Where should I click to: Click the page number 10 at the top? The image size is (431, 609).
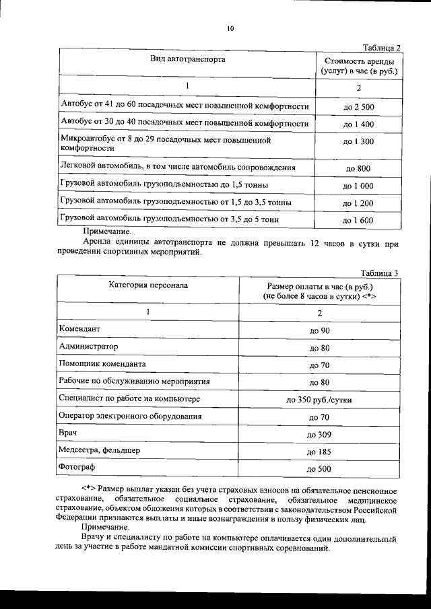click(230, 29)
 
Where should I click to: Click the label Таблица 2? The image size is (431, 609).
click(381, 48)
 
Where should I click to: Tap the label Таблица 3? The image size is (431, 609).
click(380, 273)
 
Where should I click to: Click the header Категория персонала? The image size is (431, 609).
click(149, 285)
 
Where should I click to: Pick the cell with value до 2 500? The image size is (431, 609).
click(358, 107)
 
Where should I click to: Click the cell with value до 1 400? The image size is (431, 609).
click(358, 124)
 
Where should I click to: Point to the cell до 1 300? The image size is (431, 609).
click(358, 142)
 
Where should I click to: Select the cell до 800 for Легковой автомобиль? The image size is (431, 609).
click(358, 168)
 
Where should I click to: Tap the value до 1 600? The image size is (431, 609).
click(358, 220)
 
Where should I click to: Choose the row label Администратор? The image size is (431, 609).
click(88, 347)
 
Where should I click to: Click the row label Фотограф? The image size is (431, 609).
click(78, 467)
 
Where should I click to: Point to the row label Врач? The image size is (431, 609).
click(69, 433)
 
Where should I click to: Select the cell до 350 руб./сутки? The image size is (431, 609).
click(319, 400)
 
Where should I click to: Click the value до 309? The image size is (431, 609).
click(319, 434)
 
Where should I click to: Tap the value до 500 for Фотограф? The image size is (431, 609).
click(319, 468)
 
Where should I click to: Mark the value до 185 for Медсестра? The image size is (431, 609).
click(319, 452)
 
